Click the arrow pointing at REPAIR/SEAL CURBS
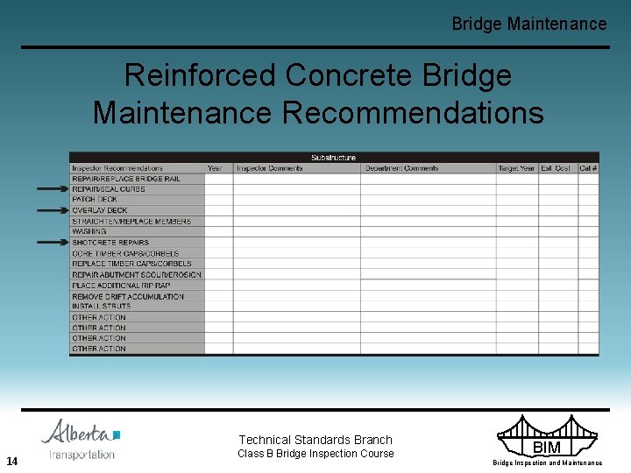pos(53,189)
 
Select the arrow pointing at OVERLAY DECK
pos(53,210)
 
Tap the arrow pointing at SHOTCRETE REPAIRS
pos(53,243)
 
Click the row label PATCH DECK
pos(95,200)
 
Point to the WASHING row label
pos(89,232)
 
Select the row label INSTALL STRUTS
pos(102,307)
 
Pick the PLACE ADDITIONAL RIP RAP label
pos(121,286)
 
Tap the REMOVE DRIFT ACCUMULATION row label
pos(128,296)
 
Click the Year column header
pos(215,168)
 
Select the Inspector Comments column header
pos(270,168)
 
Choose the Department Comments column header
pos(402,168)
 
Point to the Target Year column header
pos(516,168)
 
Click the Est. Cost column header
pos(556,168)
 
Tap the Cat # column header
pos(588,168)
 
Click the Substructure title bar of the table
pos(334,158)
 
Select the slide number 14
pos(12,462)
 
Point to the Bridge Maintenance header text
pos(528,25)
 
